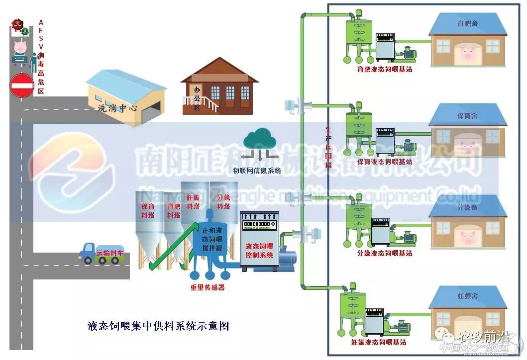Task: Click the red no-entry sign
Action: (21, 86)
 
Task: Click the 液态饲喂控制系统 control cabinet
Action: (259, 241)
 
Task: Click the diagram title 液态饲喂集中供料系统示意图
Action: (158, 326)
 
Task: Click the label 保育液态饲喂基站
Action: (385, 162)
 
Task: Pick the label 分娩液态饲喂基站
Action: (385, 253)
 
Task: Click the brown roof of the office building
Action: (219, 70)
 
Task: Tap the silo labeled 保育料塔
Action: (148, 234)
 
